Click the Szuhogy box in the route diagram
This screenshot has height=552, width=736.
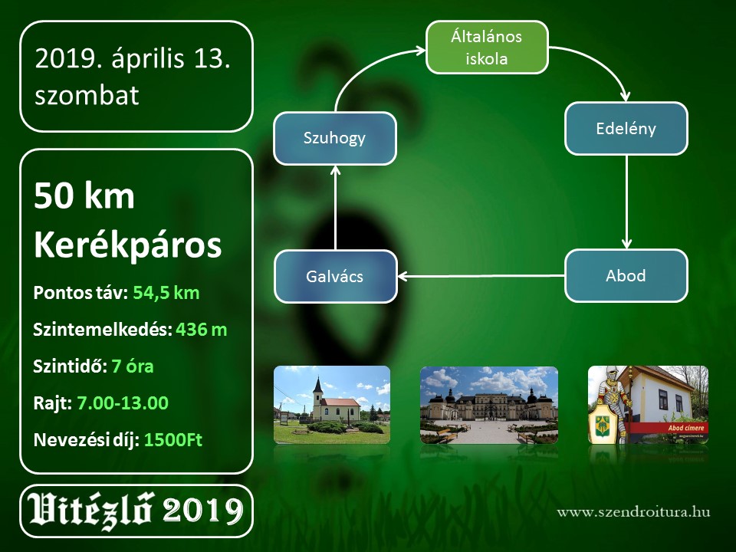point(335,139)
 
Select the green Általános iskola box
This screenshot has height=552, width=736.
point(487,48)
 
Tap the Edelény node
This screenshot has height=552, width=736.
point(626,129)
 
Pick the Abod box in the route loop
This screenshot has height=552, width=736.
point(626,275)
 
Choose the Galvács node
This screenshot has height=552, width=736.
point(335,277)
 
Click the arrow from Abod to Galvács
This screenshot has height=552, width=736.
point(481,276)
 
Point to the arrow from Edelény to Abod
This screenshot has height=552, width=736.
point(626,202)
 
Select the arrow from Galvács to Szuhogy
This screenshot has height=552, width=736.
point(335,208)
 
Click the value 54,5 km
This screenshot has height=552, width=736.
point(166,293)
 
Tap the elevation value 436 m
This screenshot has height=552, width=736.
point(202,330)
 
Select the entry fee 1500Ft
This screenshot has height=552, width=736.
point(173,440)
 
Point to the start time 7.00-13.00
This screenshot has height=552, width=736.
point(123,403)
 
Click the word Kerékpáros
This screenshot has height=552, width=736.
point(128,245)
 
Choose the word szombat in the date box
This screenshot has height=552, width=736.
point(87,95)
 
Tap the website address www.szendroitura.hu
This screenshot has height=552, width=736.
point(634,511)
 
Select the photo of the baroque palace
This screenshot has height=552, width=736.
point(488,405)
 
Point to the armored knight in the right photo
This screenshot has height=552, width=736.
point(611,399)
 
